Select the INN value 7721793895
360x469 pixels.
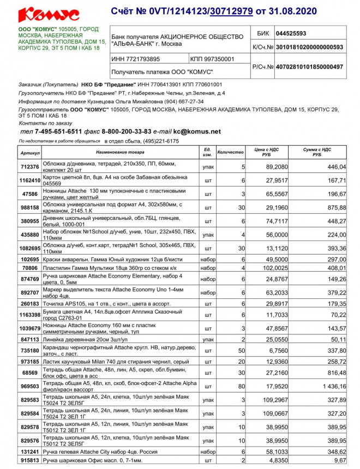tap(136, 59)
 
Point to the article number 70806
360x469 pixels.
tap(29, 268)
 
